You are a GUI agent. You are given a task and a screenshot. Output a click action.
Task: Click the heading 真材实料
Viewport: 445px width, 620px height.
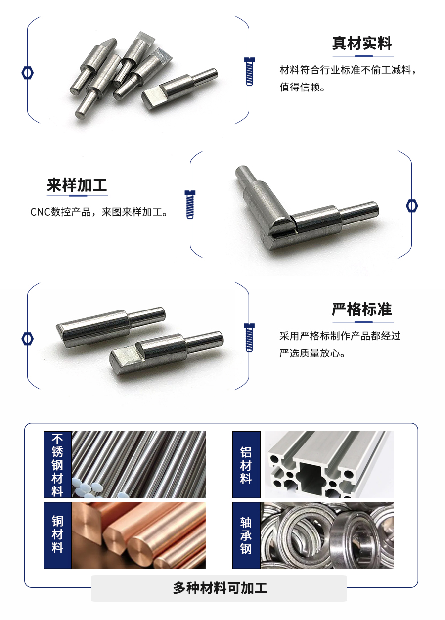coord(361,44)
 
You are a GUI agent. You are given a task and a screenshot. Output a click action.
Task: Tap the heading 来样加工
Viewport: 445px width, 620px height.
coord(77,186)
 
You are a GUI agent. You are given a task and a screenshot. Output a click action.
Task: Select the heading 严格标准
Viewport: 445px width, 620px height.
coord(361,310)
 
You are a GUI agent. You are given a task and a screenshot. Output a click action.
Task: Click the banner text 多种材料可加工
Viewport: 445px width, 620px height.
coord(220,588)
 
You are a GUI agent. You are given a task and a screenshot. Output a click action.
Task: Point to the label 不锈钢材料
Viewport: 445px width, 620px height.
coord(58,465)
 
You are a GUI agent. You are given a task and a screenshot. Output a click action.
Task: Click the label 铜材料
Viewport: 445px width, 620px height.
coord(58,535)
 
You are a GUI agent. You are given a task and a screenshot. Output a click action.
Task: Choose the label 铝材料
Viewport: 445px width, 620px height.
coord(246,465)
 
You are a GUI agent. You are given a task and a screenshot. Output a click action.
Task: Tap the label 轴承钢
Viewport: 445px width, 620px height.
coord(246,535)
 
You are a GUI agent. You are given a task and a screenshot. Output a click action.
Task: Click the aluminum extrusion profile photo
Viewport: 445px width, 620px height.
coord(329,465)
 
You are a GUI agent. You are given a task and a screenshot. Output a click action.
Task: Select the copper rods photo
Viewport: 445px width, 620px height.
coord(138,535)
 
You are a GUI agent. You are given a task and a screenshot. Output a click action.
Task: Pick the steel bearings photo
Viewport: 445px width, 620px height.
coord(327,535)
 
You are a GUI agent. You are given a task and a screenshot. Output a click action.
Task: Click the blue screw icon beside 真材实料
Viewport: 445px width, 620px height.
coord(250,71)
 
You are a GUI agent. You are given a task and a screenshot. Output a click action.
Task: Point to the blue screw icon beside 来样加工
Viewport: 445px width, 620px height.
coord(190,204)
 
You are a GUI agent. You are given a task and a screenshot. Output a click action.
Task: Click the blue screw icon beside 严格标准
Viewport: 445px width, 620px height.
coord(250,337)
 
